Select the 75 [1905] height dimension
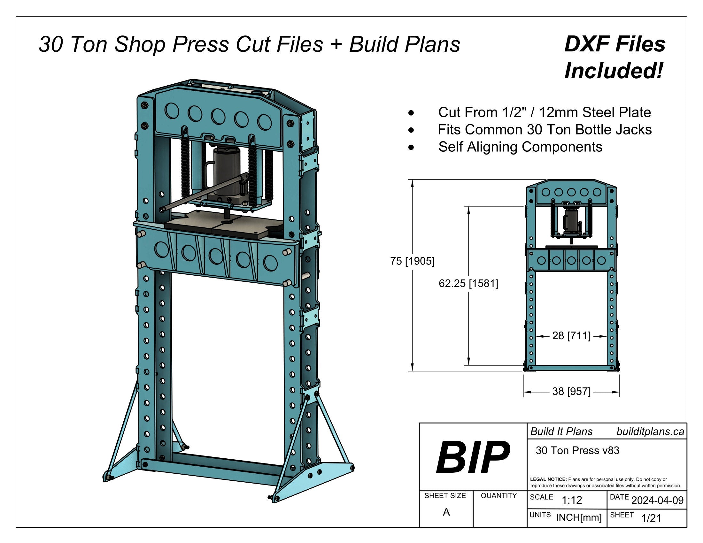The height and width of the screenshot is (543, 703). click(412, 261)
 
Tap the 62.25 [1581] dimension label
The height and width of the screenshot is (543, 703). click(468, 283)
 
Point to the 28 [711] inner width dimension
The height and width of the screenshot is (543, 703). click(571, 336)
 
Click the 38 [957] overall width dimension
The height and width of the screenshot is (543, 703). click(571, 392)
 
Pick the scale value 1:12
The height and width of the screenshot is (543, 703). click(572, 500)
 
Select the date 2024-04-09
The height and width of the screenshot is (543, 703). click(657, 500)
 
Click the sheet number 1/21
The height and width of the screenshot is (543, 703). click(651, 518)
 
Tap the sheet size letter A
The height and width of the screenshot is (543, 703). click(446, 512)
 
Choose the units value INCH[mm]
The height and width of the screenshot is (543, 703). click(578, 517)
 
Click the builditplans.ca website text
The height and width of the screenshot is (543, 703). click(650, 432)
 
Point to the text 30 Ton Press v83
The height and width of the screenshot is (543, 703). click(577, 450)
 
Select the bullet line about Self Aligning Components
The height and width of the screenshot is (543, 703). click(520, 147)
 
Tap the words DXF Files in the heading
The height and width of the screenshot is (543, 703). click(614, 44)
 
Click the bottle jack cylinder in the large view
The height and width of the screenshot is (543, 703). click(227, 171)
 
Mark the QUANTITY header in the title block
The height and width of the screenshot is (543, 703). click(498, 496)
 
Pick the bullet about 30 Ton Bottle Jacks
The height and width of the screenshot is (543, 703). click(544, 130)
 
